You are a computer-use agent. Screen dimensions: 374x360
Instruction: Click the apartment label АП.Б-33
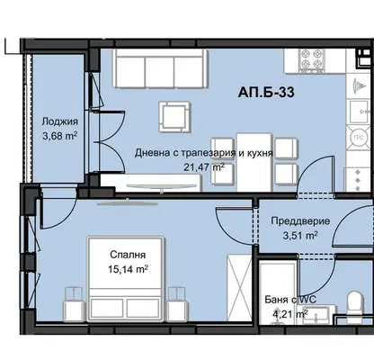click(x=266, y=92)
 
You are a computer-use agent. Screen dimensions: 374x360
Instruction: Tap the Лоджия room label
click(x=60, y=121)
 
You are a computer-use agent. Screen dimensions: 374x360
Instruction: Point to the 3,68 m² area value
click(x=60, y=136)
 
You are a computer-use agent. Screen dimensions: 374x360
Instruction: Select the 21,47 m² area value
click(x=204, y=167)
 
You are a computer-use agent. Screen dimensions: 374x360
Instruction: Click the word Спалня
click(x=128, y=255)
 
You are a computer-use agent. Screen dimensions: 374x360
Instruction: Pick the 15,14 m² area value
click(x=128, y=269)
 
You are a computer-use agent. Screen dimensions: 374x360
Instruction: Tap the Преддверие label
click(x=300, y=221)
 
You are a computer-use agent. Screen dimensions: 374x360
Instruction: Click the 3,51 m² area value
click(x=300, y=236)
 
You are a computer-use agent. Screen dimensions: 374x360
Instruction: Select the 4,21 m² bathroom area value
click(x=290, y=314)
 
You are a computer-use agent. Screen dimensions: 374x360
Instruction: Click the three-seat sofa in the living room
click(x=160, y=68)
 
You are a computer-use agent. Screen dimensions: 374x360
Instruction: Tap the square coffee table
click(x=174, y=117)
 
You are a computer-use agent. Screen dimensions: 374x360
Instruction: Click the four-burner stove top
click(x=312, y=61)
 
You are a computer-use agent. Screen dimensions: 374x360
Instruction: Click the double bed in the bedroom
click(x=126, y=278)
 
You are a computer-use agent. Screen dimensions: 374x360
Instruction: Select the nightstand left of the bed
click(x=73, y=304)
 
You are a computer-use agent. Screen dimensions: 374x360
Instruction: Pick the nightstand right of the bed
click(x=178, y=304)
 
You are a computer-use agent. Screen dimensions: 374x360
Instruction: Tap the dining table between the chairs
click(x=254, y=162)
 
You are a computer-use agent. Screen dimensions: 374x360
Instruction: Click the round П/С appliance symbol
click(x=360, y=138)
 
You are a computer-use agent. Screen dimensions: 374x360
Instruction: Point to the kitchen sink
click(x=359, y=112)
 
